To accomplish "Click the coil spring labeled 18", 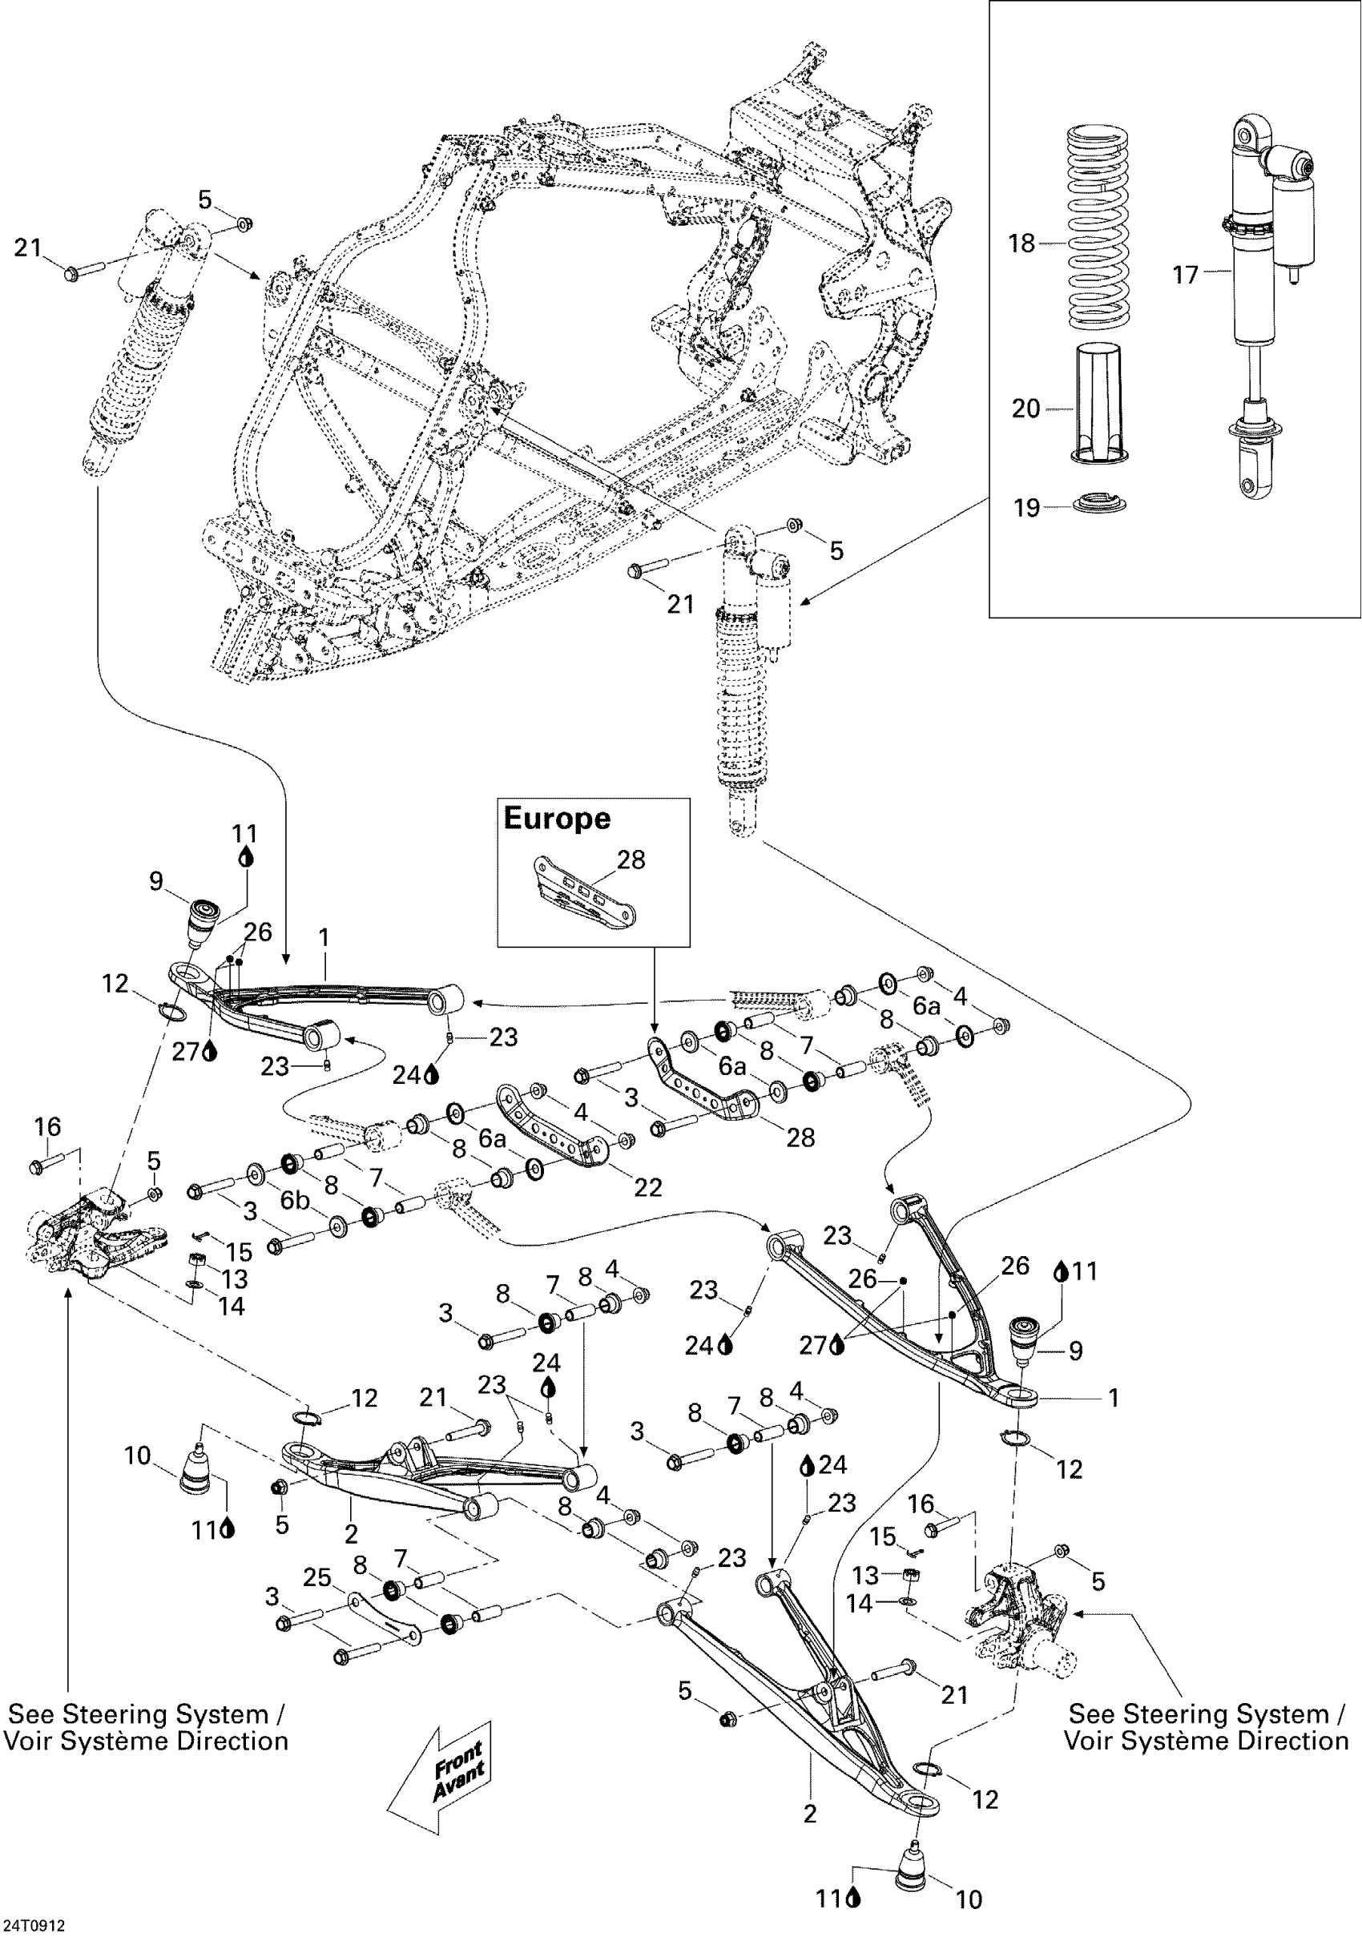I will pos(1104,228).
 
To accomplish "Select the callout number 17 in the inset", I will pos(1185,275).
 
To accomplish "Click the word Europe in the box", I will pos(557,819).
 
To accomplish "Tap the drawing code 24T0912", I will pos(33,1926).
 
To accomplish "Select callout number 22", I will pos(648,1186).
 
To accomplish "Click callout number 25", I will pos(317,1577).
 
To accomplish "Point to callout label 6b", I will pos(295,1200).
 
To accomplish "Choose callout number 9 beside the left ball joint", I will pos(156,882).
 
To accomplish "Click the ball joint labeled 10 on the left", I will pos(197,1472).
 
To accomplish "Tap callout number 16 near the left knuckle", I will pos(47,1126).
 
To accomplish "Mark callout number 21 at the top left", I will pos(28,248).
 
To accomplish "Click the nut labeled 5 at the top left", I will pos(244,223).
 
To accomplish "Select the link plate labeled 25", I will pos(384,1617).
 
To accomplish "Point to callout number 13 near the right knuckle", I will pos(866,1575).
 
